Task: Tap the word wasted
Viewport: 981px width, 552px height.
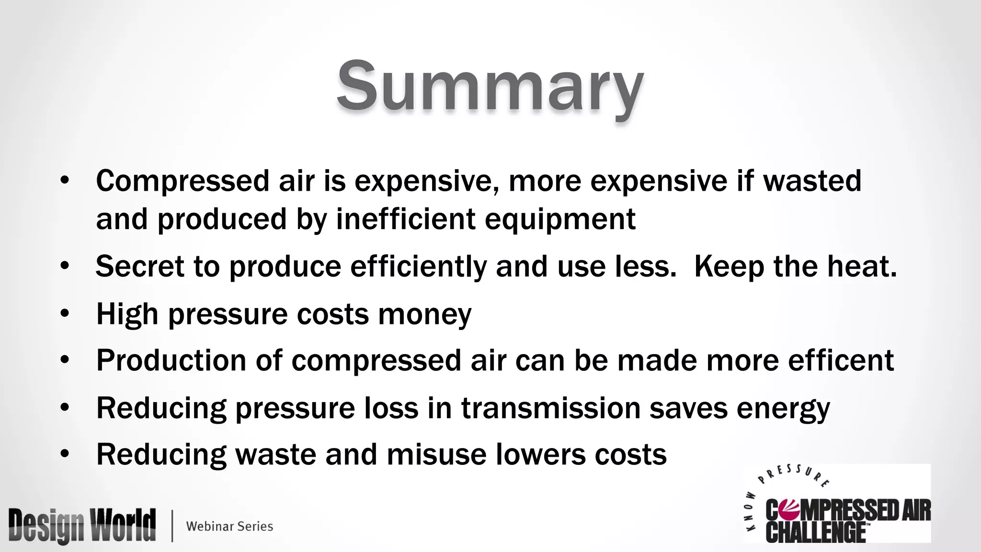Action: coord(812,181)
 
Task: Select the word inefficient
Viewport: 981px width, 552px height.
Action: coord(406,219)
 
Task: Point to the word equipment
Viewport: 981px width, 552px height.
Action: coord(560,220)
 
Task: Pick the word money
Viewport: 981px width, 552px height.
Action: coord(424,315)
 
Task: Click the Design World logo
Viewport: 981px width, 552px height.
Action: coord(82,526)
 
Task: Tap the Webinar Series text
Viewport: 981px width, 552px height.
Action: coord(229,526)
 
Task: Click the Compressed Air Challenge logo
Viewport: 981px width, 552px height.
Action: coord(837,508)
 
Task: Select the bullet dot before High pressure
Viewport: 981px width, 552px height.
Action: coord(65,314)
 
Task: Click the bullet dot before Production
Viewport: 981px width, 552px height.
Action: coord(65,360)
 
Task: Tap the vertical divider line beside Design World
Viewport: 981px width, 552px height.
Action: coord(172,526)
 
